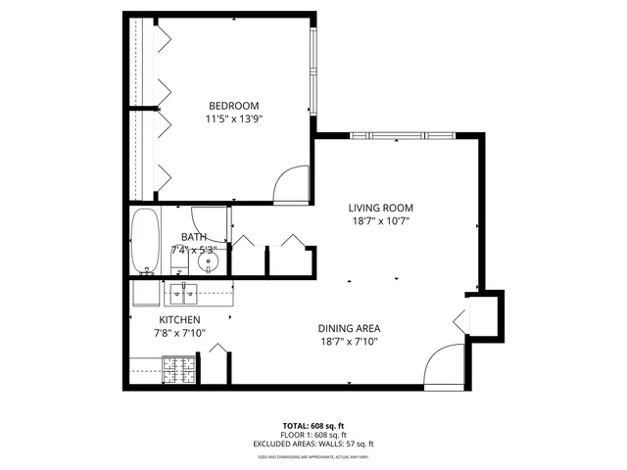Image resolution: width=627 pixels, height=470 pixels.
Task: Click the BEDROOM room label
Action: (x=233, y=106)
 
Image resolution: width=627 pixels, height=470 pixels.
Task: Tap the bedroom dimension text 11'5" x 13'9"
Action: (x=233, y=119)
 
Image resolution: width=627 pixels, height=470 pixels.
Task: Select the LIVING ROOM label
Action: (x=381, y=208)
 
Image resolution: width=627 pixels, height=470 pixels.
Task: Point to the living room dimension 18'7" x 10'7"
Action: (x=381, y=221)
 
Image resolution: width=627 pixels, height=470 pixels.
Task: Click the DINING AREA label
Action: (x=349, y=328)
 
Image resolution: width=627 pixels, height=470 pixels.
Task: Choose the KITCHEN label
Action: (x=180, y=320)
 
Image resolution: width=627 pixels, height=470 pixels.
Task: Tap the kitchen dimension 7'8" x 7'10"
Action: (x=180, y=334)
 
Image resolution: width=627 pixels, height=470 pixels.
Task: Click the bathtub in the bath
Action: (x=144, y=241)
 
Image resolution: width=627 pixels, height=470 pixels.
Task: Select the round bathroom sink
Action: (x=208, y=263)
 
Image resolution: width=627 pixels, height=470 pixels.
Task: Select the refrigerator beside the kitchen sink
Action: (x=146, y=292)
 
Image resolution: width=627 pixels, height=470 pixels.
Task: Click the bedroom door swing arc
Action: (x=292, y=186)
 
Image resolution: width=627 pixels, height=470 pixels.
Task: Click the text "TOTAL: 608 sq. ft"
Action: (x=313, y=426)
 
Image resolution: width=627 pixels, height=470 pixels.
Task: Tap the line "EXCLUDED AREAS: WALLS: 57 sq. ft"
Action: (x=313, y=444)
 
